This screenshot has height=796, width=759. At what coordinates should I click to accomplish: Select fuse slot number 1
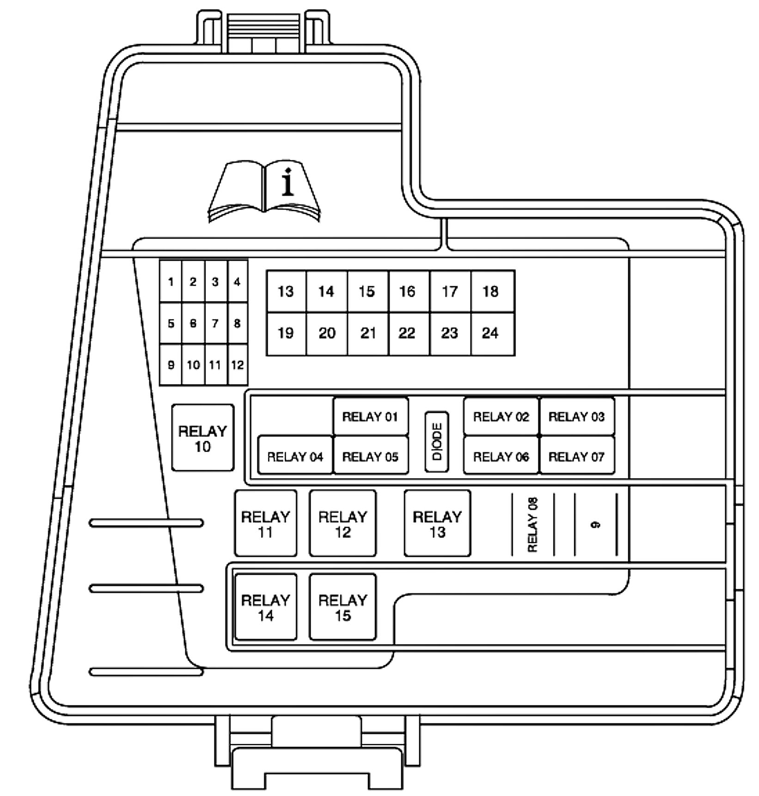(x=171, y=282)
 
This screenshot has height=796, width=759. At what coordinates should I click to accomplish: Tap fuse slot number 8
(x=237, y=323)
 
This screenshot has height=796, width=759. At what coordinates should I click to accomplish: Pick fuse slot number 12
(x=238, y=365)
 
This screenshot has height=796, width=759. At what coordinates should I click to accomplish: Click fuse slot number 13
(x=286, y=291)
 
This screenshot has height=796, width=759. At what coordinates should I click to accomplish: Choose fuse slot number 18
(x=491, y=291)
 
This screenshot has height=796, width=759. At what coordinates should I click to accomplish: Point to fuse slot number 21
(x=368, y=333)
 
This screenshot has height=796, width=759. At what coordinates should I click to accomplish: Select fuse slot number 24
(x=491, y=333)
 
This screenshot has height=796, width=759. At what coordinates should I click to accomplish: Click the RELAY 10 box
(x=202, y=438)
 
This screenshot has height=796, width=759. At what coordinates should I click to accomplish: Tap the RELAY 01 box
(x=370, y=416)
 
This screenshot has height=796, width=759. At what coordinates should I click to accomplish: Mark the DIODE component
(x=436, y=441)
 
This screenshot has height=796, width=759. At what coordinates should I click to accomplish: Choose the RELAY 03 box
(x=576, y=416)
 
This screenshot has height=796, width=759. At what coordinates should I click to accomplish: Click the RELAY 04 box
(x=295, y=457)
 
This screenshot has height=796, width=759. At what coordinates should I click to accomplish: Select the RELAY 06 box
(x=501, y=457)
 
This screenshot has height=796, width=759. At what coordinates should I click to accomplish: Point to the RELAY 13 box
(x=437, y=524)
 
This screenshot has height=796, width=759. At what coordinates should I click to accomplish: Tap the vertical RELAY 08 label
(x=533, y=524)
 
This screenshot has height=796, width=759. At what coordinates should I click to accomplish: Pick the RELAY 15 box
(x=343, y=607)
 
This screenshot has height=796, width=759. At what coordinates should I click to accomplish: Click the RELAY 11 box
(x=265, y=524)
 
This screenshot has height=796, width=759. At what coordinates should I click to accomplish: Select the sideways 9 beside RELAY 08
(x=596, y=524)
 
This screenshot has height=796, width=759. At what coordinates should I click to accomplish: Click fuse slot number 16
(x=407, y=291)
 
